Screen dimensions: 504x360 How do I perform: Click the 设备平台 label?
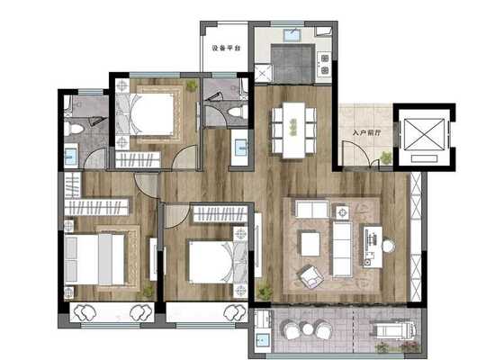click(x=226, y=49)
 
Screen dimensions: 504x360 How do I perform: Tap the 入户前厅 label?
click(x=366, y=132)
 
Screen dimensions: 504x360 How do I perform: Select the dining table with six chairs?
click(x=293, y=130)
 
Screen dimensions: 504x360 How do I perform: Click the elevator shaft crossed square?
click(x=424, y=134)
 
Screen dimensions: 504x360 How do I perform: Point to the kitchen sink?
click(x=292, y=35)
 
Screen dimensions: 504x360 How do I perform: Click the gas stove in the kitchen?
click(x=325, y=64)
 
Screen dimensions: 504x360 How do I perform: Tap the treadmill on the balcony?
click(x=396, y=329)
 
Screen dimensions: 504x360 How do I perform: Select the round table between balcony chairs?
click(x=308, y=328)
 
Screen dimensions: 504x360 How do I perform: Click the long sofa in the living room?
click(x=342, y=249)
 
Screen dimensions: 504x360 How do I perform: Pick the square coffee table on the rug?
click(x=310, y=244)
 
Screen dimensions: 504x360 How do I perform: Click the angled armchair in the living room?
click(x=311, y=276)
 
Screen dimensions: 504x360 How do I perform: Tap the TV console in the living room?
click(x=373, y=247)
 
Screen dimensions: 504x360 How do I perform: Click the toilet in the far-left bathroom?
click(x=73, y=129)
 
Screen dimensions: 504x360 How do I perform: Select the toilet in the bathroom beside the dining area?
click(x=238, y=112)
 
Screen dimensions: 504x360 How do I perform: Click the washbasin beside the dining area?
click(x=240, y=148)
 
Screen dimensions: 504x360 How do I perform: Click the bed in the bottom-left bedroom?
click(x=94, y=259)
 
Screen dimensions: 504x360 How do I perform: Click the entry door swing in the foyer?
click(x=355, y=153)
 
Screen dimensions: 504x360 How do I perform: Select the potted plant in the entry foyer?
click(x=386, y=157)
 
